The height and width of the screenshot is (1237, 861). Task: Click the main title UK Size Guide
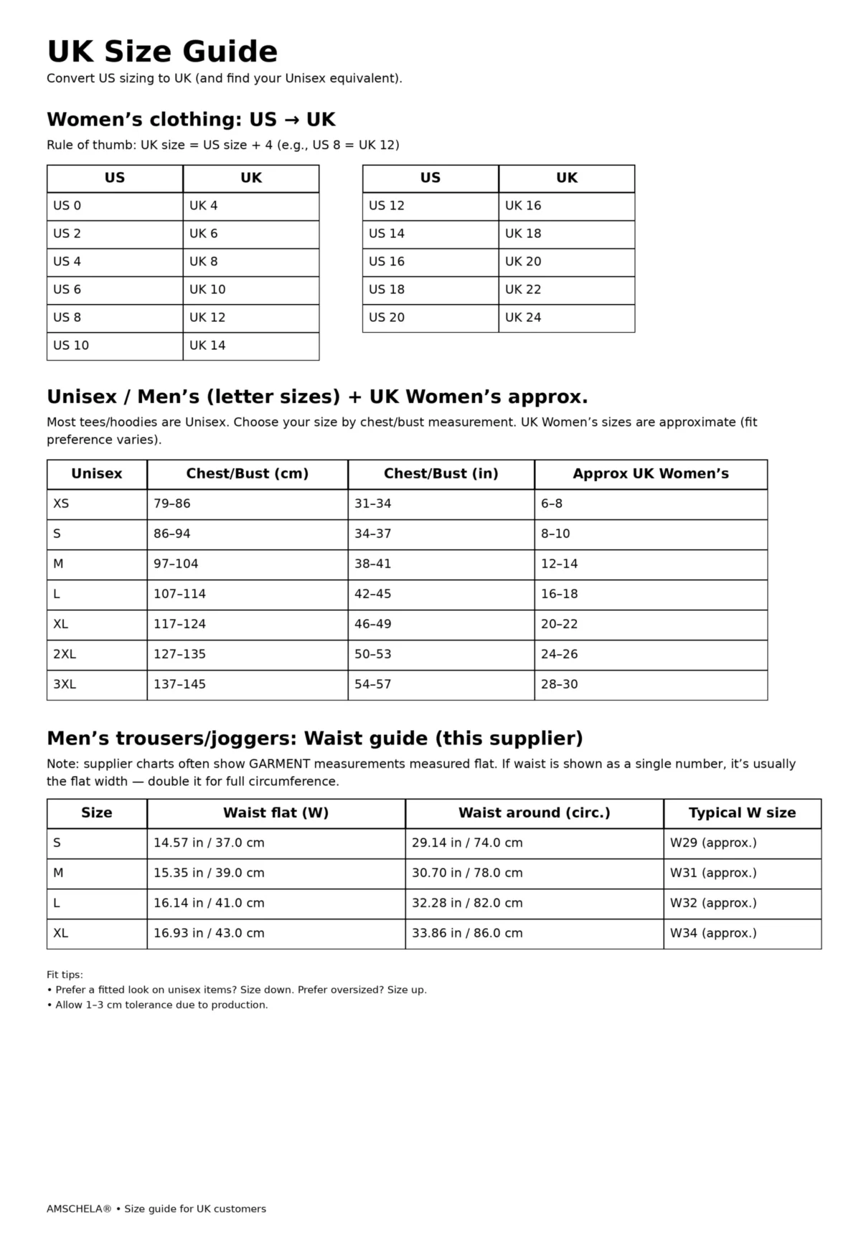coord(162,52)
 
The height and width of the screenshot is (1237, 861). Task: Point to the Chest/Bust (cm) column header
coord(247,474)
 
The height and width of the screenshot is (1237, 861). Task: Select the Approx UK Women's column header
coord(650,474)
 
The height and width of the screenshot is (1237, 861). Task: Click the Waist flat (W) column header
coord(276,813)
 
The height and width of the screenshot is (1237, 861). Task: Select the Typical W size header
coord(742,813)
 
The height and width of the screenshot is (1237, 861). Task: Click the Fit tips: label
coord(65,975)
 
